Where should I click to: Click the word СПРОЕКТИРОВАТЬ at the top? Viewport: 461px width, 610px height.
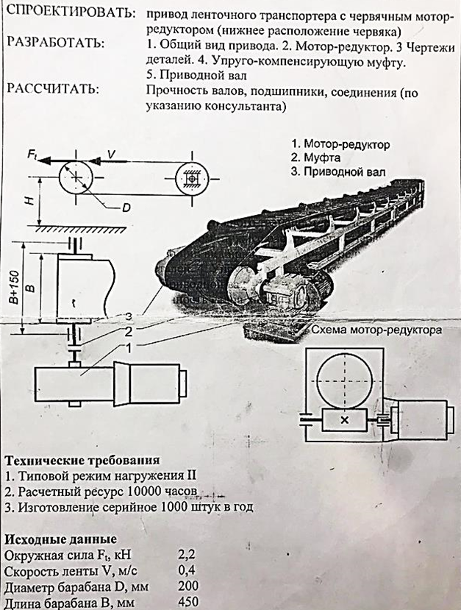pyautogui.click(x=71, y=14)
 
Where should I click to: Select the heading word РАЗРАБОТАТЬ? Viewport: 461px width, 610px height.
pyautogui.click(x=55, y=43)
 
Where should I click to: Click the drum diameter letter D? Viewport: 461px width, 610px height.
pyautogui.click(x=126, y=208)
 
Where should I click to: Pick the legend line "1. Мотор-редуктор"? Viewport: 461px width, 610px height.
pyautogui.click(x=340, y=144)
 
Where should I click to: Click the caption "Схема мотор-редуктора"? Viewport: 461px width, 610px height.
pyautogui.click(x=376, y=330)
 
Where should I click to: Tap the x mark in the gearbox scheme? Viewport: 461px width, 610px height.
pyautogui.click(x=344, y=420)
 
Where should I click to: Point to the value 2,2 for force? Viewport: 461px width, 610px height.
pyautogui.click(x=187, y=554)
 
